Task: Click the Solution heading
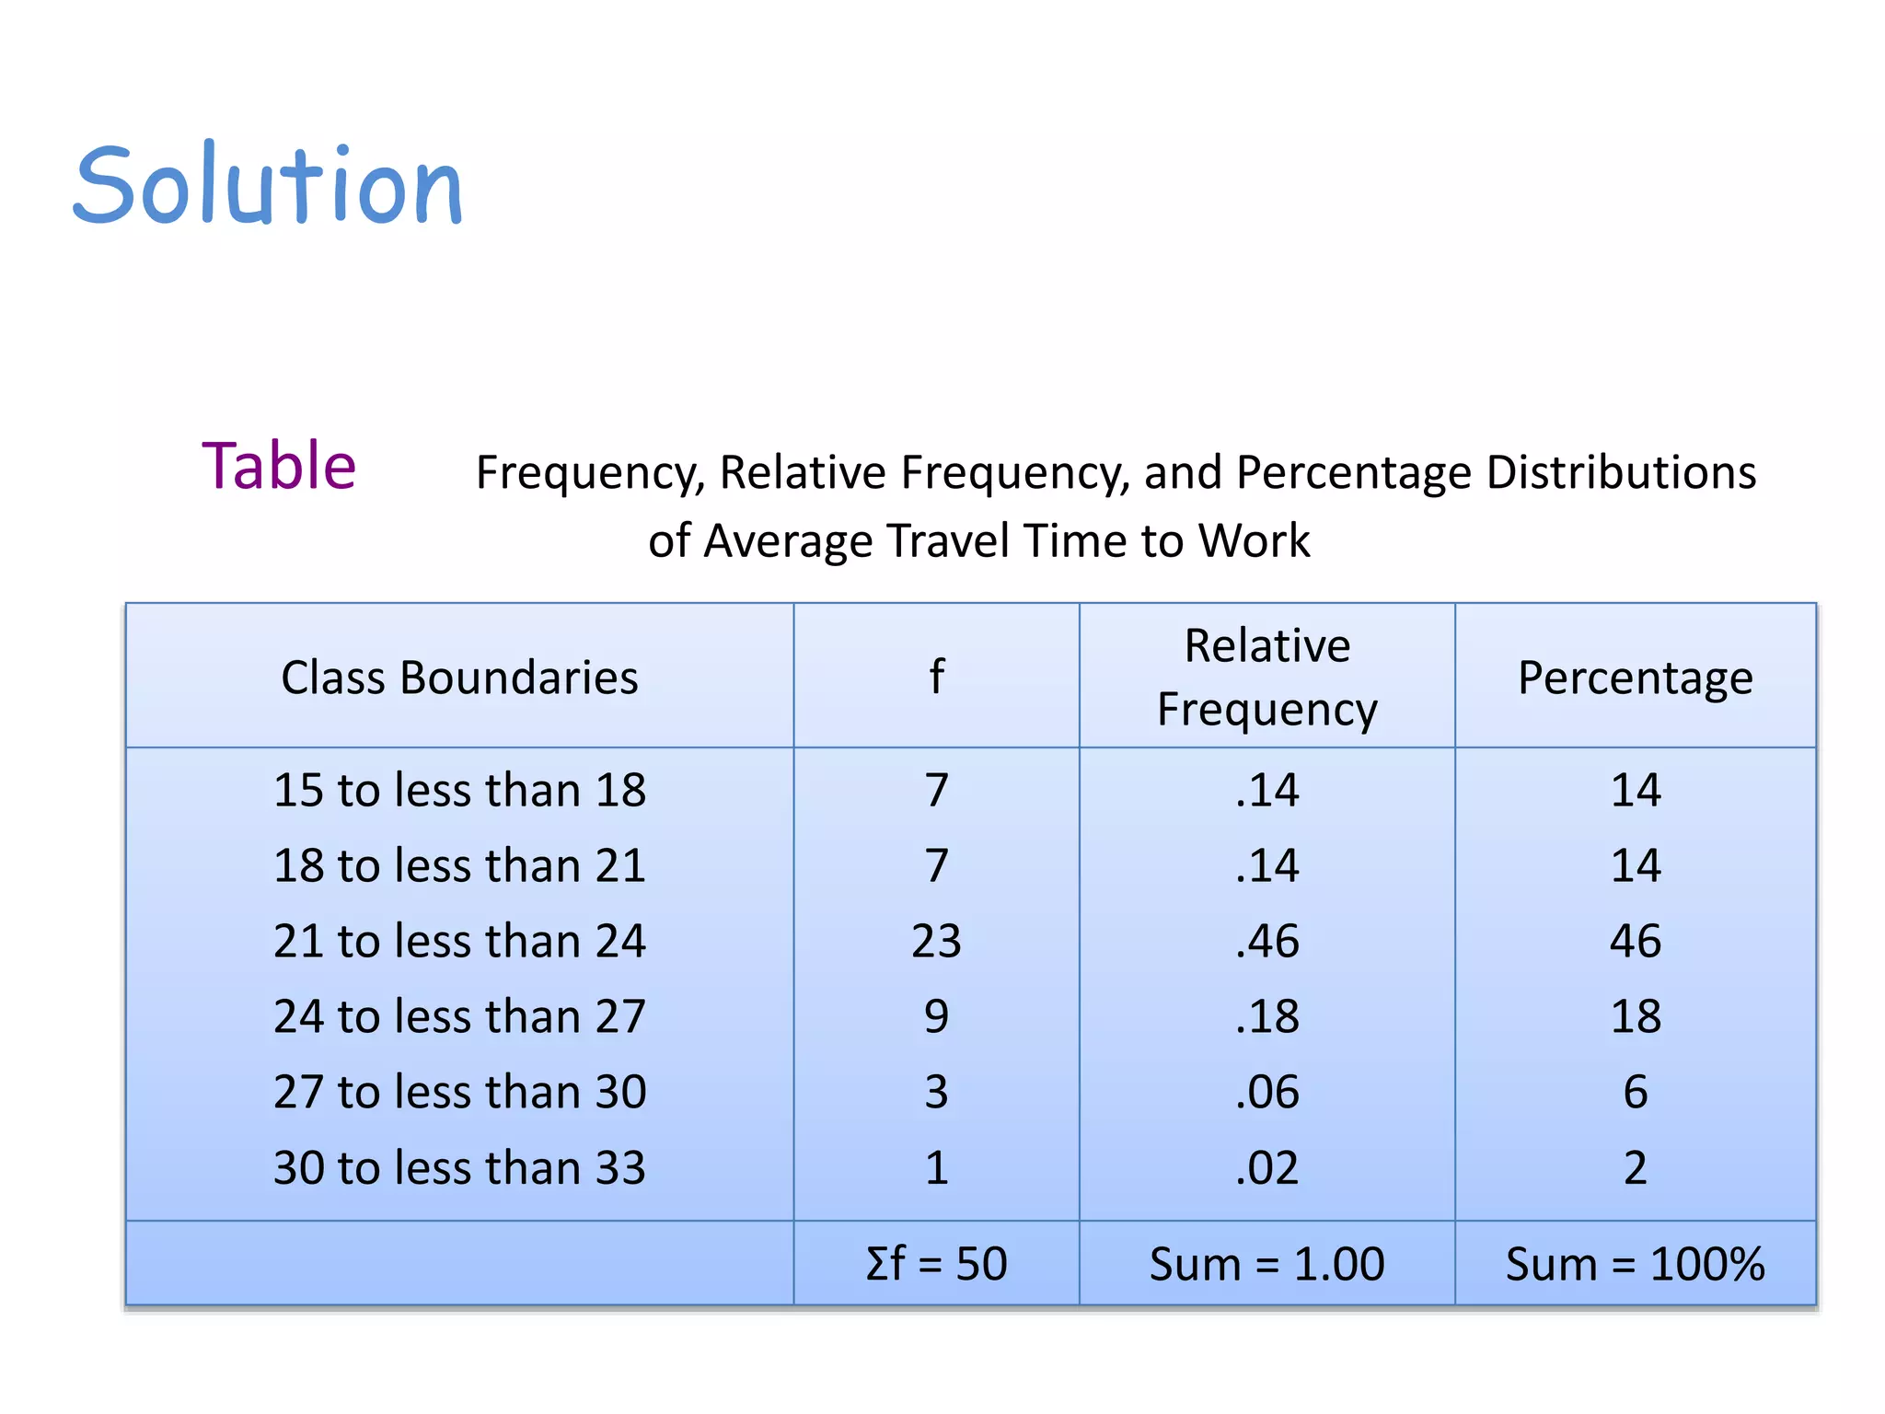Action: (268, 187)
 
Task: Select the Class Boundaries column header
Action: (459, 678)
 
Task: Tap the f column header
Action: (936, 678)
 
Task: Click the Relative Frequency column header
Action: (1266, 678)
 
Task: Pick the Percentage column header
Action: (1635, 678)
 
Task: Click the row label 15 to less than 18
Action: (459, 791)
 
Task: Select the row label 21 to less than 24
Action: (459, 942)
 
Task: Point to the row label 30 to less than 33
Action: (459, 1168)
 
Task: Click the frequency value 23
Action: (936, 942)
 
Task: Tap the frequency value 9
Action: (936, 1017)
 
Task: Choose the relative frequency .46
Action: (1266, 942)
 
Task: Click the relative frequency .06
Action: (1266, 1093)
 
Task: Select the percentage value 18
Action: (1635, 1017)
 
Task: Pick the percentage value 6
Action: (1635, 1093)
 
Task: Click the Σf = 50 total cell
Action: (936, 1264)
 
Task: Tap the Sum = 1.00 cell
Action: (1266, 1264)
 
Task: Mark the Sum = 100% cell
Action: (1635, 1264)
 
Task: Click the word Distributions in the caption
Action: (1621, 473)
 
